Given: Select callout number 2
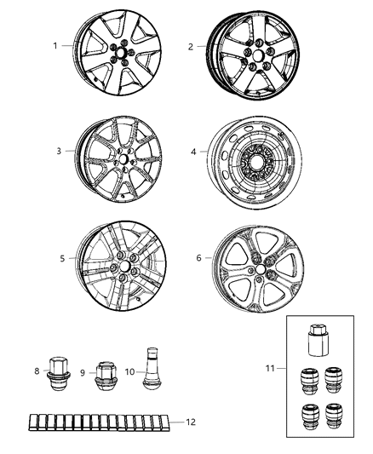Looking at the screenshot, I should tap(190, 47).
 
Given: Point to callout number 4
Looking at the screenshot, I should tap(194, 152).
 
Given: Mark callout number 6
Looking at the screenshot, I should tap(198, 256).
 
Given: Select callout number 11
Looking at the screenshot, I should tap(272, 367).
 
